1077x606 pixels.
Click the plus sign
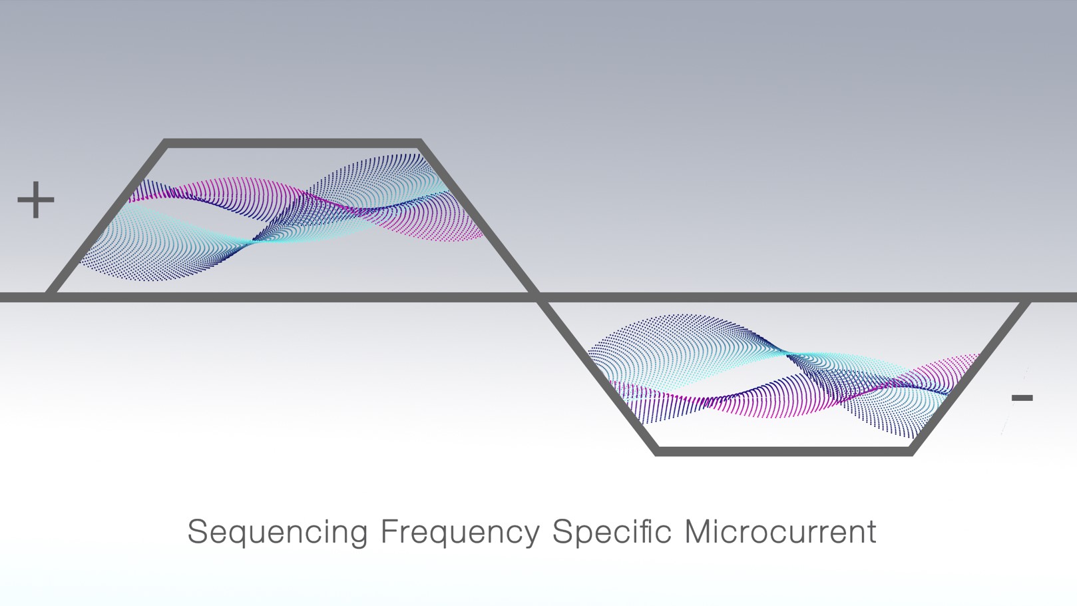coord(35,200)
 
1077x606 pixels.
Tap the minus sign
coord(1022,398)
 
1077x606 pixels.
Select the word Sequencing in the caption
coord(278,533)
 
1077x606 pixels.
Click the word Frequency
coord(460,533)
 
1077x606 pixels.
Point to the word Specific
coord(612,532)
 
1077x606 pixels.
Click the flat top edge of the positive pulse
coord(293,143)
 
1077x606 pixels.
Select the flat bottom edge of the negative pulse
coord(784,451)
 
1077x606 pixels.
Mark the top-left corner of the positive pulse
coord(164,141)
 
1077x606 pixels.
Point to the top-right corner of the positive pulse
coord(421,141)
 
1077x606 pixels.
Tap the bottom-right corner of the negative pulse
coord(912,454)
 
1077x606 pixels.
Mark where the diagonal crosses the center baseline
coord(538,297)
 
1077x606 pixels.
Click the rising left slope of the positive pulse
coord(107,216)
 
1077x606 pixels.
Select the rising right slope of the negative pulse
coord(969,378)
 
